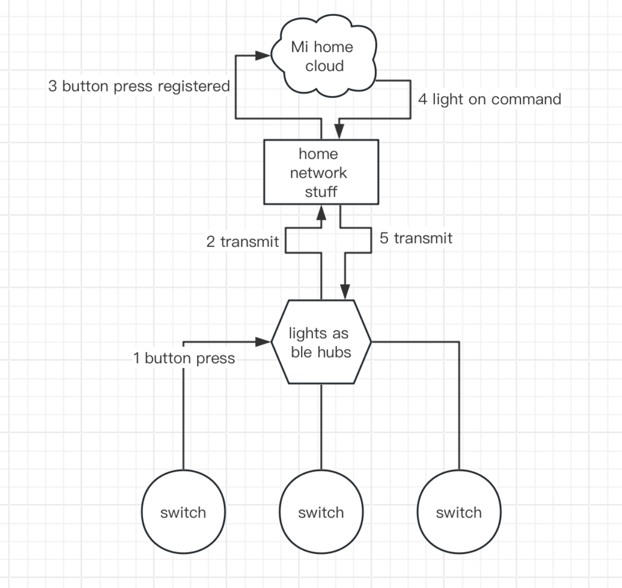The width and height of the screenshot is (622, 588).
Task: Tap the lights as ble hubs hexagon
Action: [x=321, y=342]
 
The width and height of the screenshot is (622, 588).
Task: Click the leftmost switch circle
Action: [x=183, y=512]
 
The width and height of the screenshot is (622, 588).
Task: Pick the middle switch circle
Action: [x=321, y=512]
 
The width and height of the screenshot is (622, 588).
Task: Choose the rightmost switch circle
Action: [x=459, y=512]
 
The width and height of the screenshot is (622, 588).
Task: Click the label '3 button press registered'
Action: [x=139, y=86]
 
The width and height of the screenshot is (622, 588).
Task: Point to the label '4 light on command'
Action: [x=489, y=99]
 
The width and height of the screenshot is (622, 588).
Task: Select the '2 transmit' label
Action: [x=243, y=242]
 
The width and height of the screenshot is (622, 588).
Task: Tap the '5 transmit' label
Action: [x=416, y=238]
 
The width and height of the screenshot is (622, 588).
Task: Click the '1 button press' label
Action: [x=184, y=358]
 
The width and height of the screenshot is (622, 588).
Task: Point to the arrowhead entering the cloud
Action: [x=263, y=55]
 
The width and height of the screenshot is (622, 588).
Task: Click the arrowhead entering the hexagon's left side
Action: [x=263, y=342]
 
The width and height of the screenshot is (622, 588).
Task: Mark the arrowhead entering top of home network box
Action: [x=339, y=131]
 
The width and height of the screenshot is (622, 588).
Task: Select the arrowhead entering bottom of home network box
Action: [x=321, y=213]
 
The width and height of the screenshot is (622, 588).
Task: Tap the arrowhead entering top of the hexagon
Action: [x=345, y=292]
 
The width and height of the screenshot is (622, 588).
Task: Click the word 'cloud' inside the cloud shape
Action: [x=324, y=66]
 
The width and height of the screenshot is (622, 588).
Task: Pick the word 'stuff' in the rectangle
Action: [x=321, y=192]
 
